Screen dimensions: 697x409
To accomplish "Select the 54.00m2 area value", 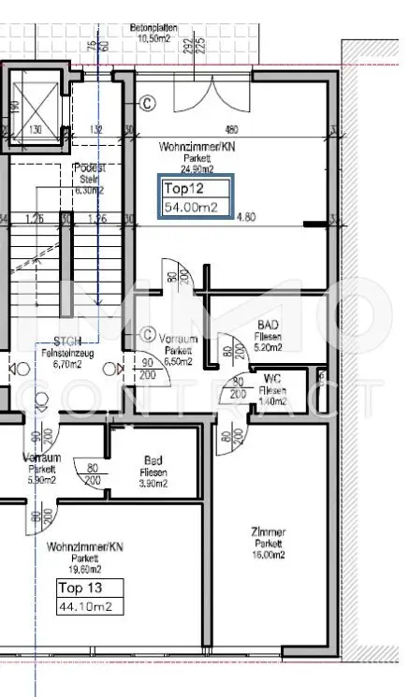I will [x=191, y=207].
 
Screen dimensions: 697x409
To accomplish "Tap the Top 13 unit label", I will [x=79, y=588].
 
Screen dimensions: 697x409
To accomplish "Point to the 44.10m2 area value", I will [x=87, y=607].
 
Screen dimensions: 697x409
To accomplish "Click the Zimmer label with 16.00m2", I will [x=269, y=543].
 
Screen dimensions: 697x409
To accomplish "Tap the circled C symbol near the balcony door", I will [x=147, y=102].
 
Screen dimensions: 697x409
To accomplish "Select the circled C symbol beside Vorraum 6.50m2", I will [x=147, y=334].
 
